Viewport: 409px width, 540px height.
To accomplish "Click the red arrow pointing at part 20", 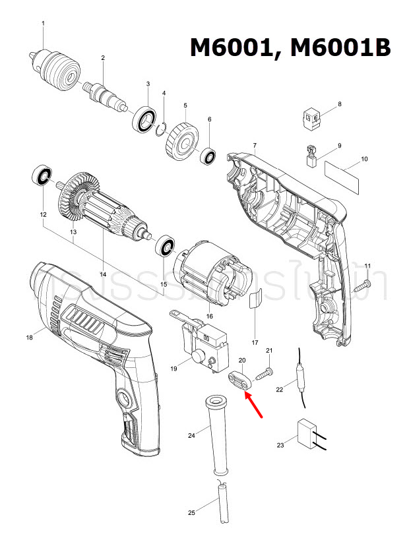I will [x=255, y=405].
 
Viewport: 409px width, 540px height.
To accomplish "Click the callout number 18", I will [x=29, y=338].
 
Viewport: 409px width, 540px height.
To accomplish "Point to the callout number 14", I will [x=103, y=274].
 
